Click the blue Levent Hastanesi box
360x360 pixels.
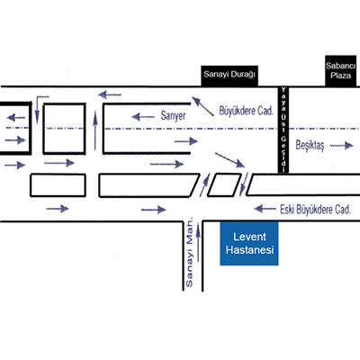pos(249,243)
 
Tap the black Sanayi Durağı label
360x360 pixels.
pos(229,76)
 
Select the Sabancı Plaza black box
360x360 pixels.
pos(341,71)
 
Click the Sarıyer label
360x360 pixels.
pos(173,116)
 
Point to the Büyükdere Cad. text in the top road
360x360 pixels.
pos(247,111)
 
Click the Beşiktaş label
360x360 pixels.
pos(310,146)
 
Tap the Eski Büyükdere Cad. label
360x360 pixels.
pos(315,210)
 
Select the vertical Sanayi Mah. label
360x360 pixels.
pos(189,252)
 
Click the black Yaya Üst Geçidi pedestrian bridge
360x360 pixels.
pos(283,130)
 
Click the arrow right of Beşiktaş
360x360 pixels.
pos(341,146)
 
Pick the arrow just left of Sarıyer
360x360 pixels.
pos(143,117)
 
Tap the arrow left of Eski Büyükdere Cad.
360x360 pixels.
pos(265,209)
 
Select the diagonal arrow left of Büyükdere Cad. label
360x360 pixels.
pos(202,106)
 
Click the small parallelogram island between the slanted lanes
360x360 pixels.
pos(224,185)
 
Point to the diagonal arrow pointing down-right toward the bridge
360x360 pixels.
pos(229,160)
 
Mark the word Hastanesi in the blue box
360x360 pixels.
pos(249,250)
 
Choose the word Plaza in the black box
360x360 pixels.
pos(341,75)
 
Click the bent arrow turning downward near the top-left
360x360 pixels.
pos(38,110)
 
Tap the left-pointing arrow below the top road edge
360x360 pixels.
pos(110,95)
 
